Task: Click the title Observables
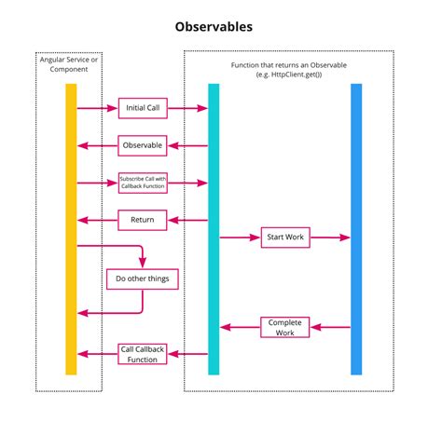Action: pyautogui.click(x=220, y=26)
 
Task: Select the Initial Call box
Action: pyautogui.click(x=143, y=109)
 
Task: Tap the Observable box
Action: pyautogui.click(x=143, y=146)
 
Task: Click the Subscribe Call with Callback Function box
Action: pyautogui.click(x=143, y=183)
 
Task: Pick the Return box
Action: pyautogui.click(x=143, y=221)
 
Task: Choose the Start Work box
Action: pyautogui.click(x=285, y=238)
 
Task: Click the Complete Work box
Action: pyautogui.click(x=285, y=327)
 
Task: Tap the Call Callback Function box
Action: pyautogui.click(x=143, y=354)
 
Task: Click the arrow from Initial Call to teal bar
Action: pyautogui.click(x=187, y=109)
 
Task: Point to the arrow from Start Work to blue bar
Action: pyautogui.click(x=331, y=238)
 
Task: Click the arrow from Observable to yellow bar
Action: pyautogui.click(x=97, y=146)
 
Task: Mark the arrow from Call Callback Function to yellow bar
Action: pyautogui.click(x=97, y=354)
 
